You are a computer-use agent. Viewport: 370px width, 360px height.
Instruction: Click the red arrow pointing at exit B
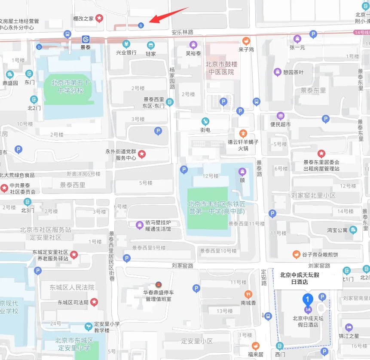[x=168, y=15]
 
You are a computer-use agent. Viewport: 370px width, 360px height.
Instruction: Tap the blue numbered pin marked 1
[x=307, y=299]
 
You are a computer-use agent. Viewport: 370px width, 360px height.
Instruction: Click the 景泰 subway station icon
[x=86, y=40]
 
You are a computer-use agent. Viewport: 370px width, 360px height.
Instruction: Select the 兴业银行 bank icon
[x=126, y=44]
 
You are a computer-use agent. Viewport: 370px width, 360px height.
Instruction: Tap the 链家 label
[x=150, y=53]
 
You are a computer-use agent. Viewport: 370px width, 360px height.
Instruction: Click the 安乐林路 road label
[x=183, y=32]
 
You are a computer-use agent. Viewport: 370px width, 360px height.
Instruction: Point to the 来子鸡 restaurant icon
[x=246, y=41]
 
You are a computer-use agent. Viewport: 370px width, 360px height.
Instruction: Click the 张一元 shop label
[x=297, y=47]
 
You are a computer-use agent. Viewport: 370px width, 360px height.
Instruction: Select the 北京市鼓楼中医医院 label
[x=221, y=68]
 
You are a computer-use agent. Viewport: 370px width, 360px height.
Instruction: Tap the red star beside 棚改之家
[x=99, y=18]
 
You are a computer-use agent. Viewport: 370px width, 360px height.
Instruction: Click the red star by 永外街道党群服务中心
[x=141, y=154]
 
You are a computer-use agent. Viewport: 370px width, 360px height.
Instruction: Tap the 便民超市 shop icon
[x=281, y=116]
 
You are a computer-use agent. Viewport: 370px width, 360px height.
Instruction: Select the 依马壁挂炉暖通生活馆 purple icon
[x=140, y=225]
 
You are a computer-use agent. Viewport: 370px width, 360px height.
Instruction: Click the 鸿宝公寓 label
[x=337, y=230]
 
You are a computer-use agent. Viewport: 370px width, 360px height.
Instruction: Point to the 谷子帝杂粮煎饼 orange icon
[x=296, y=255]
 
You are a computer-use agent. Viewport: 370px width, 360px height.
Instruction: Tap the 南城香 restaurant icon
[x=248, y=295]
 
